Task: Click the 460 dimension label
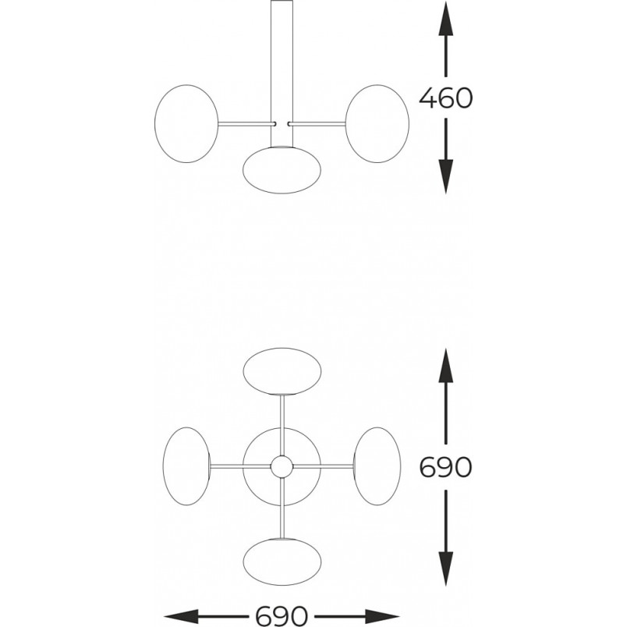(x=445, y=98)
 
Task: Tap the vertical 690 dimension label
(x=445, y=466)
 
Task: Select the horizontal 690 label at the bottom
(x=282, y=616)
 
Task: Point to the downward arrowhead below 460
(x=446, y=177)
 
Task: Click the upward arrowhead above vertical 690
(x=446, y=365)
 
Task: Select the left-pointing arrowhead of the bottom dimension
(x=182, y=616)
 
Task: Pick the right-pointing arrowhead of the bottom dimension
(x=382, y=616)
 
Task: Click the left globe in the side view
(x=186, y=123)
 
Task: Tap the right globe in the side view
(x=377, y=123)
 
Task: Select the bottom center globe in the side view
(x=282, y=170)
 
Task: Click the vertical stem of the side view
(x=282, y=74)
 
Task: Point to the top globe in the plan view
(x=282, y=371)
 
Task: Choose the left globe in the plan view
(x=186, y=466)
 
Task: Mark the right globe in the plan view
(x=377, y=466)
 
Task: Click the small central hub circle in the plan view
(x=282, y=466)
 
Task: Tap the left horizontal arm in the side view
(x=246, y=123)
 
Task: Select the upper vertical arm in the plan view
(x=282, y=425)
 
